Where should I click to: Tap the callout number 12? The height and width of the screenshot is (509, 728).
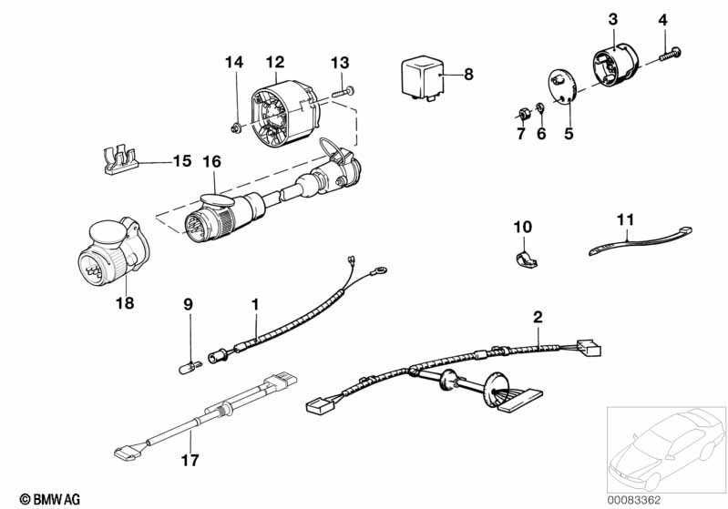[x=275, y=62]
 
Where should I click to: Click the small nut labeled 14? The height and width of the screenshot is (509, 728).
[x=235, y=127]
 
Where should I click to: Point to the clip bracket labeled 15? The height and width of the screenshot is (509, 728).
[x=119, y=160]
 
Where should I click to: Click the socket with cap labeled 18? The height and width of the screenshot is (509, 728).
[x=113, y=251]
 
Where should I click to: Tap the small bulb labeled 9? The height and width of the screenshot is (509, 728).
[x=190, y=367]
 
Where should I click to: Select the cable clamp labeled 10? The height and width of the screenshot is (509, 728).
[x=526, y=260]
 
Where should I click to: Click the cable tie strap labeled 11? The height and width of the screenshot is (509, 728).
[x=640, y=240]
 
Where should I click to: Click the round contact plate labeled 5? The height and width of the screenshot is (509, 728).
[x=562, y=87]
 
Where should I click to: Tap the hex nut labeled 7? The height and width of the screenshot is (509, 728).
[x=523, y=114]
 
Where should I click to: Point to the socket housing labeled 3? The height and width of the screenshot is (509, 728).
[x=616, y=64]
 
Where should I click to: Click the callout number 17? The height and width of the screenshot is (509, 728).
[x=190, y=460]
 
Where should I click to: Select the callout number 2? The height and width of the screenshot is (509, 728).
[x=538, y=318]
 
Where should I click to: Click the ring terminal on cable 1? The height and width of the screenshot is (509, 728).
[x=381, y=270]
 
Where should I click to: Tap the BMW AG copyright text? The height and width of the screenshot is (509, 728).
[x=50, y=499]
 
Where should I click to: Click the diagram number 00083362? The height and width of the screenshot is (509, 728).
[x=634, y=500]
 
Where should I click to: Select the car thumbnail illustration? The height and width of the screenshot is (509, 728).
[x=666, y=449]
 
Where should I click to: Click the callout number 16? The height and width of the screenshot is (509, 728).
[x=211, y=162]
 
